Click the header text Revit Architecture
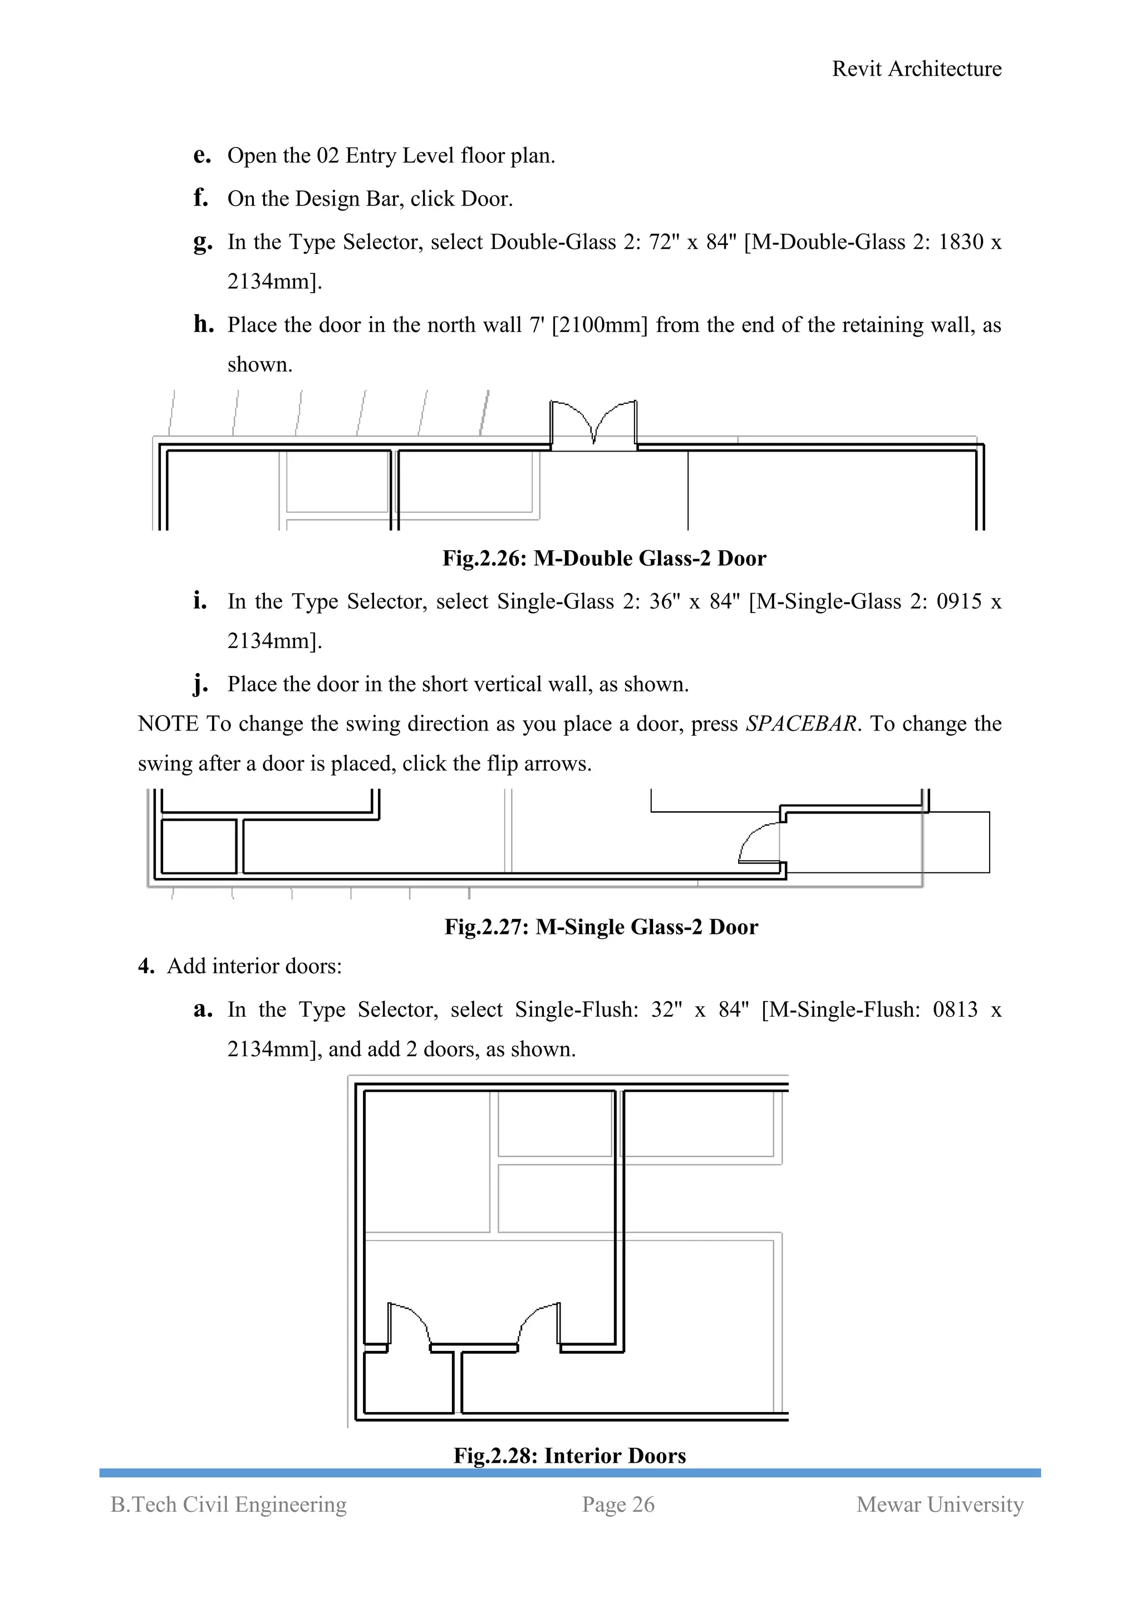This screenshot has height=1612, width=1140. point(916,69)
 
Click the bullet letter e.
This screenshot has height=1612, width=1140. point(202,156)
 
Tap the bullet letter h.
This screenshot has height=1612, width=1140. point(203,325)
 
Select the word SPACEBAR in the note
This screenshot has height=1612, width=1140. point(800,724)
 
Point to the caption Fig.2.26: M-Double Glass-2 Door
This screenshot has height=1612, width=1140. point(604,558)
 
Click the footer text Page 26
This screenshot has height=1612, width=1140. point(618,1505)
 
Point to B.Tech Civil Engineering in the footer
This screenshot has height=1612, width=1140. point(228,1505)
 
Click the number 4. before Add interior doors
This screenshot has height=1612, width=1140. point(146,966)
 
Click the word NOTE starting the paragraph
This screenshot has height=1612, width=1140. point(168,724)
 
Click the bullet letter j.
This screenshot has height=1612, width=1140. point(201,684)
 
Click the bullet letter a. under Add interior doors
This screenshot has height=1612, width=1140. point(202,1010)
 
